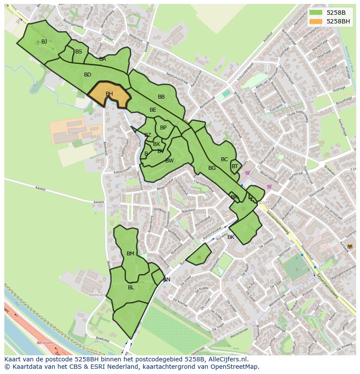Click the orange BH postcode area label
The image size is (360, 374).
coord(109,94)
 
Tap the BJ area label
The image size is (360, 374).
coord(44,42)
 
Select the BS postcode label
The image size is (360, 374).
coord(78,52)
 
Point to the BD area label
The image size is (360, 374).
coord(87,75)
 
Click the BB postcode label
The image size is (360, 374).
coord(161,97)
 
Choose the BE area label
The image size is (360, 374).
coord(153,110)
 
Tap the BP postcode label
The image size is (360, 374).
coord(163,128)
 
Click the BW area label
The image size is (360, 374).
coord(169,161)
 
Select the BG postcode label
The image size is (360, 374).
coord(212,168)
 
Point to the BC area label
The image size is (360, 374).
coord(224,159)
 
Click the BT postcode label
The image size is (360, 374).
coord(235,166)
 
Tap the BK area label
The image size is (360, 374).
coord(231,237)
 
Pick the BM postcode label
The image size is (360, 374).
coord(130,254)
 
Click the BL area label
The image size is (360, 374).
coord(131,288)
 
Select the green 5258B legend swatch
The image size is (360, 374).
coord(316,12)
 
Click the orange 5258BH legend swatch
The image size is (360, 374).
coord(316,21)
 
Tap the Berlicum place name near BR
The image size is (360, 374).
coord(260,202)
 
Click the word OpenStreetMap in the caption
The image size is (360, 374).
coord(235,367)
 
